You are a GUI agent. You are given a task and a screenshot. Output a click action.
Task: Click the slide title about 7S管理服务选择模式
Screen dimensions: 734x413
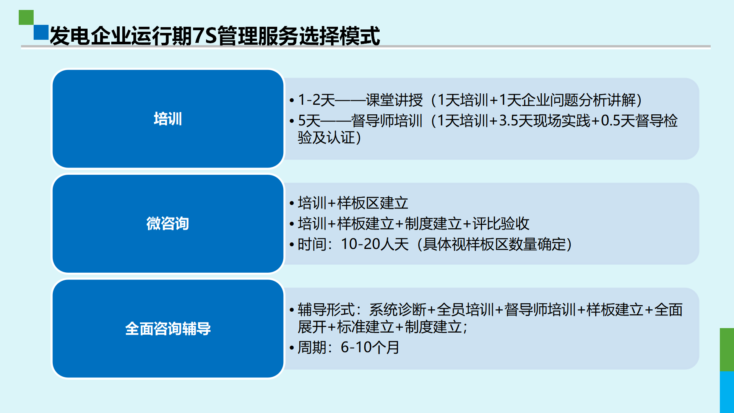tap(215, 36)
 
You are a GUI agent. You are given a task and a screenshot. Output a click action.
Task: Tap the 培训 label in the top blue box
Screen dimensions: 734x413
tap(168, 119)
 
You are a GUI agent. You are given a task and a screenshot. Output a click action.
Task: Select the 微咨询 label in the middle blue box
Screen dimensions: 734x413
tap(168, 223)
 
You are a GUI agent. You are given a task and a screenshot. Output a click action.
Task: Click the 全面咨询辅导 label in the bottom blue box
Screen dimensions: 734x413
tap(168, 328)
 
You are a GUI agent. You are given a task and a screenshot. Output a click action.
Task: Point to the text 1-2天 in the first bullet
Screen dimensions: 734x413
tap(316, 100)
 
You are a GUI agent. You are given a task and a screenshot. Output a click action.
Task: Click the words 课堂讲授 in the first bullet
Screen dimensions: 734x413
tap(394, 100)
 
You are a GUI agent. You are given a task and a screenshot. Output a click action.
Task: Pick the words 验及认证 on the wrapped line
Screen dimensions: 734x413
tap(326, 138)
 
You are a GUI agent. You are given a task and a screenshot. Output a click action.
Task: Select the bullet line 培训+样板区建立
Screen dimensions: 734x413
tap(353, 203)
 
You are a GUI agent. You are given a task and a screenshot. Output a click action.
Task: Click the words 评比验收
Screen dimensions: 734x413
tap(501, 224)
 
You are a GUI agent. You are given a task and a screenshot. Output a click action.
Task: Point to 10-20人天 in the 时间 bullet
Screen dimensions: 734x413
tap(375, 244)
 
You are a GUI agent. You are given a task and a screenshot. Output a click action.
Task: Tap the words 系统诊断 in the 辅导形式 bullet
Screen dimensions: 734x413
tap(398, 310)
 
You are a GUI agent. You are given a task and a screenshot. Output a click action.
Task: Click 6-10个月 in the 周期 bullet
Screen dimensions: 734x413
tap(370, 348)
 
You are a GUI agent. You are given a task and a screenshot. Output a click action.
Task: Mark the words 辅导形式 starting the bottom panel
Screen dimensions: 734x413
tap(326, 310)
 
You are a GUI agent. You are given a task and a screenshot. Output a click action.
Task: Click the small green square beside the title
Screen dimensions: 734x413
tap(26, 17)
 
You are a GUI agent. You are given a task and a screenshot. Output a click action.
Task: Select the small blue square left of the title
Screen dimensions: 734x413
tap(41, 33)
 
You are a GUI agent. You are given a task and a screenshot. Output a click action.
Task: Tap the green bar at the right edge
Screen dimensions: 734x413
tap(727, 350)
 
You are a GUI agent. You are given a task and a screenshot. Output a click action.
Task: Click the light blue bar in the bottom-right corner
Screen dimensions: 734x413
tap(727, 392)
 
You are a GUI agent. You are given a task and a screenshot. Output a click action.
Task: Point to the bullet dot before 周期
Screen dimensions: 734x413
tap(292, 348)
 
